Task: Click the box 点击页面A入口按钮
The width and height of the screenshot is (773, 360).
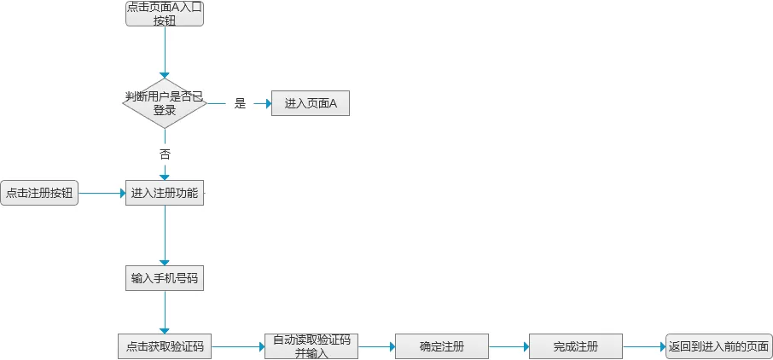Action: pyautogui.click(x=165, y=14)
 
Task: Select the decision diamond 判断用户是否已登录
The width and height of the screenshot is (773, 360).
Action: pyautogui.click(x=165, y=103)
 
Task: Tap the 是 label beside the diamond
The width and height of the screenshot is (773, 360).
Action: pyautogui.click(x=240, y=103)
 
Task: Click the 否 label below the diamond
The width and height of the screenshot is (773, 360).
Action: pyautogui.click(x=165, y=154)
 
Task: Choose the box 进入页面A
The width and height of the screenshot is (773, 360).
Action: pyautogui.click(x=311, y=103)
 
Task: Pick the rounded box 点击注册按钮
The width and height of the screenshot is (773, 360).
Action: pyautogui.click(x=39, y=193)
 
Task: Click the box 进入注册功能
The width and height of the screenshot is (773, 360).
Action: pyautogui.click(x=165, y=193)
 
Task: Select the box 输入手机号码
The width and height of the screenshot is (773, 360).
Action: pyautogui.click(x=165, y=278)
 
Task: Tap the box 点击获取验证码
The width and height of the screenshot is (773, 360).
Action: pyautogui.click(x=165, y=346)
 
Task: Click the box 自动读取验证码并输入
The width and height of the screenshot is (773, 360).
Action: pyautogui.click(x=311, y=346)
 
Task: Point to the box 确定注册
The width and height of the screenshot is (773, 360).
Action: pyautogui.click(x=442, y=346)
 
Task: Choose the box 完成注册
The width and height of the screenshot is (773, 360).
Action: pyautogui.click(x=576, y=346)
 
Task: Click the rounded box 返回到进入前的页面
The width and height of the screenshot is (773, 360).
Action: pyautogui.click(x=718, y=346)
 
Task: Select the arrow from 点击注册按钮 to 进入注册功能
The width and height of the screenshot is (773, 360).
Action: pyautogui.click(x=102, y=194)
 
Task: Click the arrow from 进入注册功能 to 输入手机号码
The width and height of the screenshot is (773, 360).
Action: pyautogui.click(x=165, y=235)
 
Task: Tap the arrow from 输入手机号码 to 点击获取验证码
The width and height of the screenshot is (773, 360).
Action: pyautogui.click(x=165, y=312)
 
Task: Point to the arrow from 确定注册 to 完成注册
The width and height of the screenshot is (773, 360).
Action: pyautogui.click(x=509, y=346)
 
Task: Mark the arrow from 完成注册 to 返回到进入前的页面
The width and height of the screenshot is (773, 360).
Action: pyautogui.click(x=644, y=346)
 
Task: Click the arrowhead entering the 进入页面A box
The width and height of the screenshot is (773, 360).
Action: pyautogui.click(x=269, y=103)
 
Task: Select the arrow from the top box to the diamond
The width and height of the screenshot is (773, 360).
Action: pyautogui.click(x=165, y=52)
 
